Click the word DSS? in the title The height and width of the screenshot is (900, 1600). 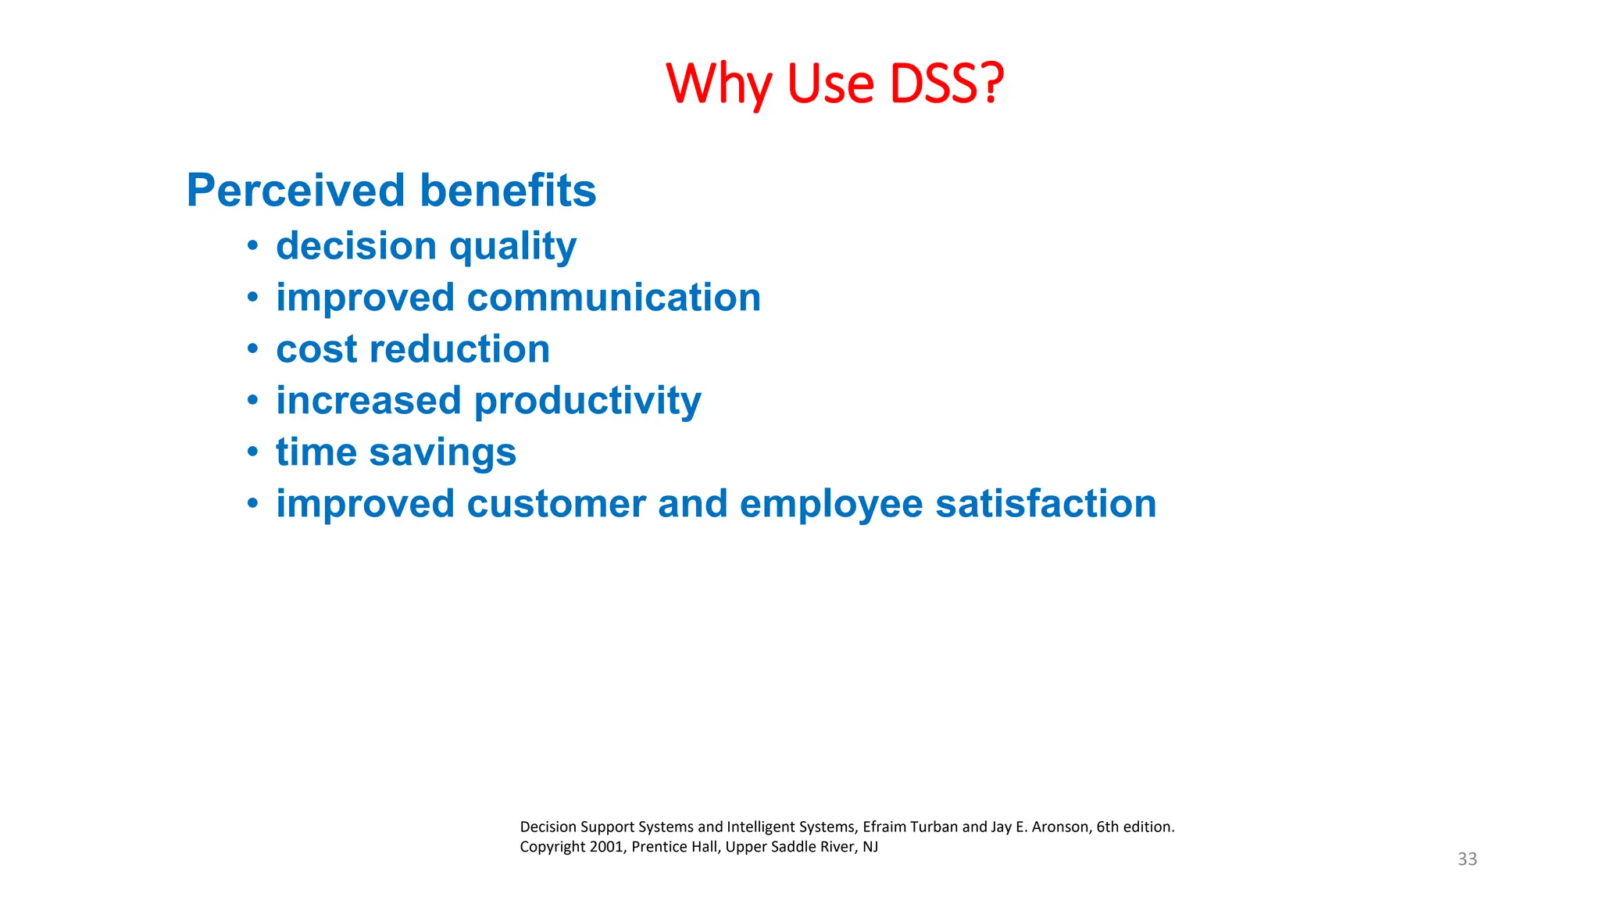pos(947,84)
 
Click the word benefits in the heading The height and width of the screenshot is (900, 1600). pos(508,191)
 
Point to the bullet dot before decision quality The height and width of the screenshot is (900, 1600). pos(252,246)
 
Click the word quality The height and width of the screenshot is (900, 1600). pos(512,247)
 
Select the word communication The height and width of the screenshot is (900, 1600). pos(613,298)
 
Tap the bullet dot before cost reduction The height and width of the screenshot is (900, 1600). pos(252,349)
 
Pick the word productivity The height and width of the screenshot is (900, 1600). pos(587,402)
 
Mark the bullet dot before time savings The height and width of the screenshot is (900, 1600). pos(252,452)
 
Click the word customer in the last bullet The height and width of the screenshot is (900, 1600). pos(555,504)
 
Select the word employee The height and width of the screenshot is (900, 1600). pos(831,505)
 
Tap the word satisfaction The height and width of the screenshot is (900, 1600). pos(1045,504)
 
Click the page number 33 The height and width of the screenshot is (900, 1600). pos(1467,859)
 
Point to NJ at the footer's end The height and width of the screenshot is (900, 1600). pos(870,847)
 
